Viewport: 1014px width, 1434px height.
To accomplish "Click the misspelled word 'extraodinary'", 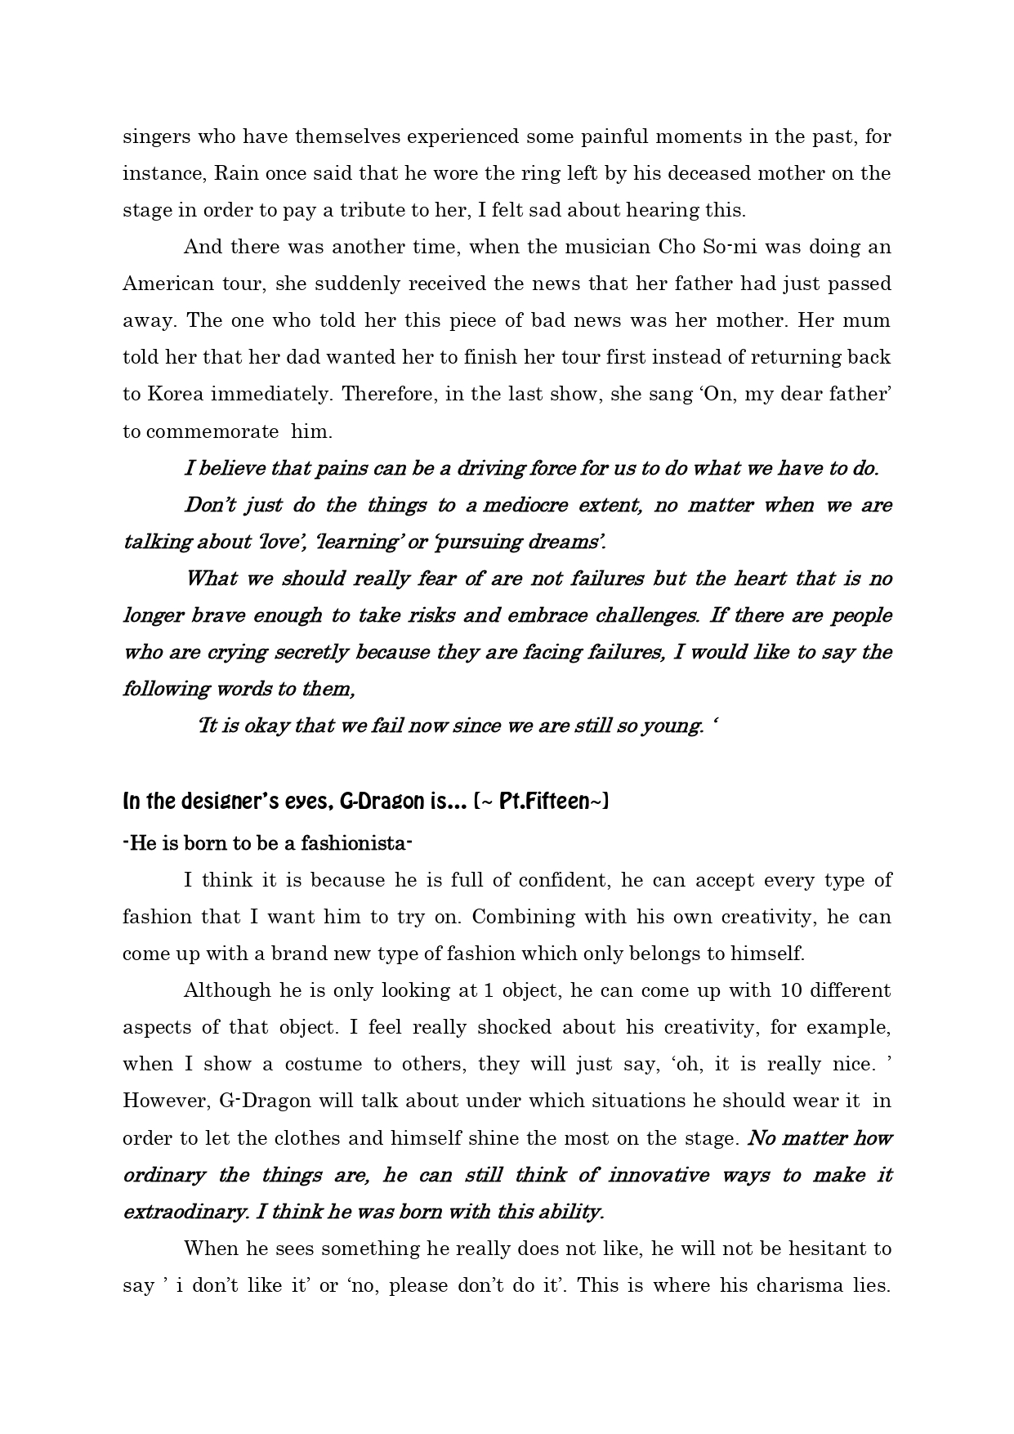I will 185,1212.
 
